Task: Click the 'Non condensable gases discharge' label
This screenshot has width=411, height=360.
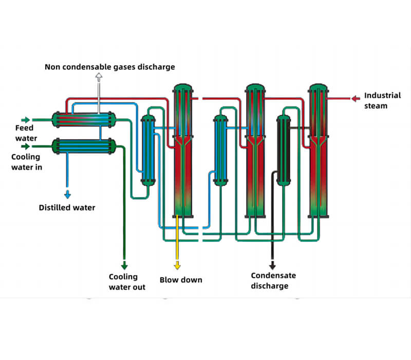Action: pos(110,67)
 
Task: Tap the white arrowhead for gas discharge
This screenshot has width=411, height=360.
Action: pos(99,77)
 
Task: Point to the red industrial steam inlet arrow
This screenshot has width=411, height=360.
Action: pos(356,98)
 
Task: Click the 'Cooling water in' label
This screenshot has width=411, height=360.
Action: pos(27,161)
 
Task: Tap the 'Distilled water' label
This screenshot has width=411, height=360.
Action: pos(67,208)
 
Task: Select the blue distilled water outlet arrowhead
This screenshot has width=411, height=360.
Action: pos(67,194)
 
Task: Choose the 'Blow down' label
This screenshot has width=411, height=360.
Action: pos(181,280)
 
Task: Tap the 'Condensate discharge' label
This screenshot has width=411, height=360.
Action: pos(273,281)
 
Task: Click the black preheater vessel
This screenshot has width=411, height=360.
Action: pos(283,150)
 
